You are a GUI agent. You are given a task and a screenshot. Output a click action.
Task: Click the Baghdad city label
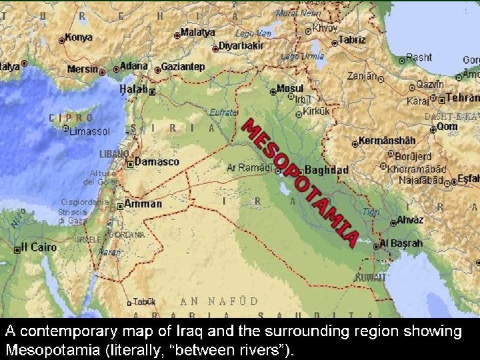click(x=327, y=170)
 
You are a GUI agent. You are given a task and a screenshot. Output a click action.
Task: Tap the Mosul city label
click(x=290, y=89)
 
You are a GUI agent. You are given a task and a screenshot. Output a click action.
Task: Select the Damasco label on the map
click(x=157, y=161)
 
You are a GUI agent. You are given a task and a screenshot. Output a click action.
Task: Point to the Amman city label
click(x=142, y=203)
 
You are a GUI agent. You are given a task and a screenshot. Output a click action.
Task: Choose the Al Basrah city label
click(x=401, y=243)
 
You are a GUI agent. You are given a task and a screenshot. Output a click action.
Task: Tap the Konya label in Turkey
click(x=79, y=38)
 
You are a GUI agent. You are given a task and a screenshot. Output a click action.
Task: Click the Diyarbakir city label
click(x=241, y=46)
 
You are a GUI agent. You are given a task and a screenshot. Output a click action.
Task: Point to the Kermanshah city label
click(x=387, y=141)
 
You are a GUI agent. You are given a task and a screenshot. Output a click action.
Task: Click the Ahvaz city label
click(x=409, y=219)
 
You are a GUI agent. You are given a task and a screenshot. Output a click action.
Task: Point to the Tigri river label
click(x=371, y=211)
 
